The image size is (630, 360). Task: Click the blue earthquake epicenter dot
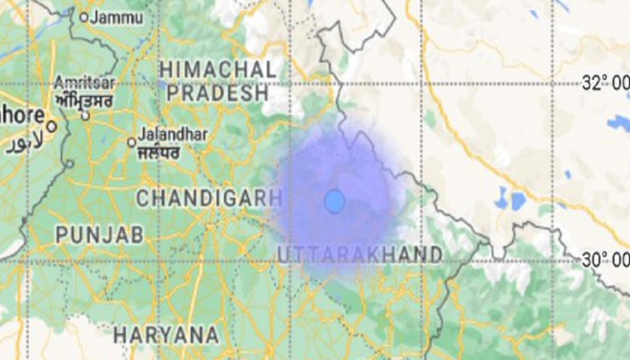334,201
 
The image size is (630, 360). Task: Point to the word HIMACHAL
217,69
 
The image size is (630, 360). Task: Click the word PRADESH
217,94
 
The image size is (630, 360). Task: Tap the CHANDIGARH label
202,197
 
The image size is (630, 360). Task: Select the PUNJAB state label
99,235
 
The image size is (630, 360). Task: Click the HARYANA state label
166,335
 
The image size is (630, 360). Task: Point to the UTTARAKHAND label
360,254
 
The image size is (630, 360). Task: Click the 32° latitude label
605,84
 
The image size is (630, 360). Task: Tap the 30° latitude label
605,260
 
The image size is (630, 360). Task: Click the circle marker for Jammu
85,16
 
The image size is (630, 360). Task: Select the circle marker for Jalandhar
131,141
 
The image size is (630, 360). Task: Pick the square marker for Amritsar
86,114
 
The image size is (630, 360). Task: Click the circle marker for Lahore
51,127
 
